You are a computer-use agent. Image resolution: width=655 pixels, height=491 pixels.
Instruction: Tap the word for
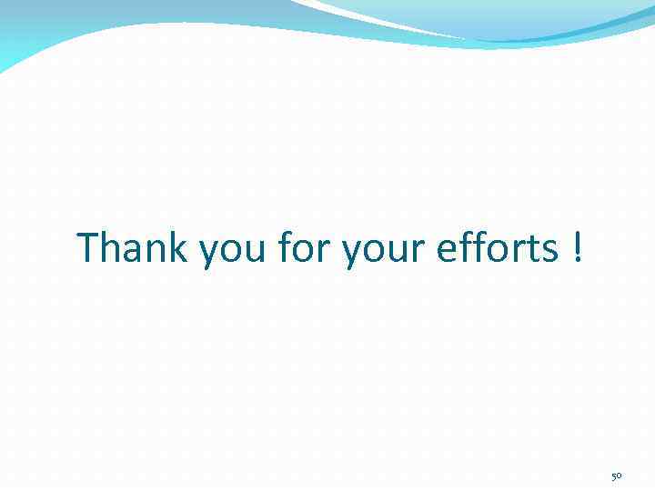pos(303,247)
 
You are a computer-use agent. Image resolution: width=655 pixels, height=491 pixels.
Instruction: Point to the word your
pos(383,250)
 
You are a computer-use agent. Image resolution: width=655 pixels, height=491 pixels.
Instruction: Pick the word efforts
pos(497,247)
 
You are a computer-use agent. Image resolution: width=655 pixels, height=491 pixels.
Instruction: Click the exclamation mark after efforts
pos(578,247)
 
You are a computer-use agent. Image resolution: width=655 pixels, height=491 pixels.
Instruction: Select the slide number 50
pos(616,476)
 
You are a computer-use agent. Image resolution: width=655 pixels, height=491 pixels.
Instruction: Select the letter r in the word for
pos(323,250)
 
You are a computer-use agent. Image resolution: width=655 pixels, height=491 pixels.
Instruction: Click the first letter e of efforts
pos(447,250)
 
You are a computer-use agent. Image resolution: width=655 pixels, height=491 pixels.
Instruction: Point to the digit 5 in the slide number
pos(612,476)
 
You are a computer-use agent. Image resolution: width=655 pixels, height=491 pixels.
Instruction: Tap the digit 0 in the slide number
pos(620,476)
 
